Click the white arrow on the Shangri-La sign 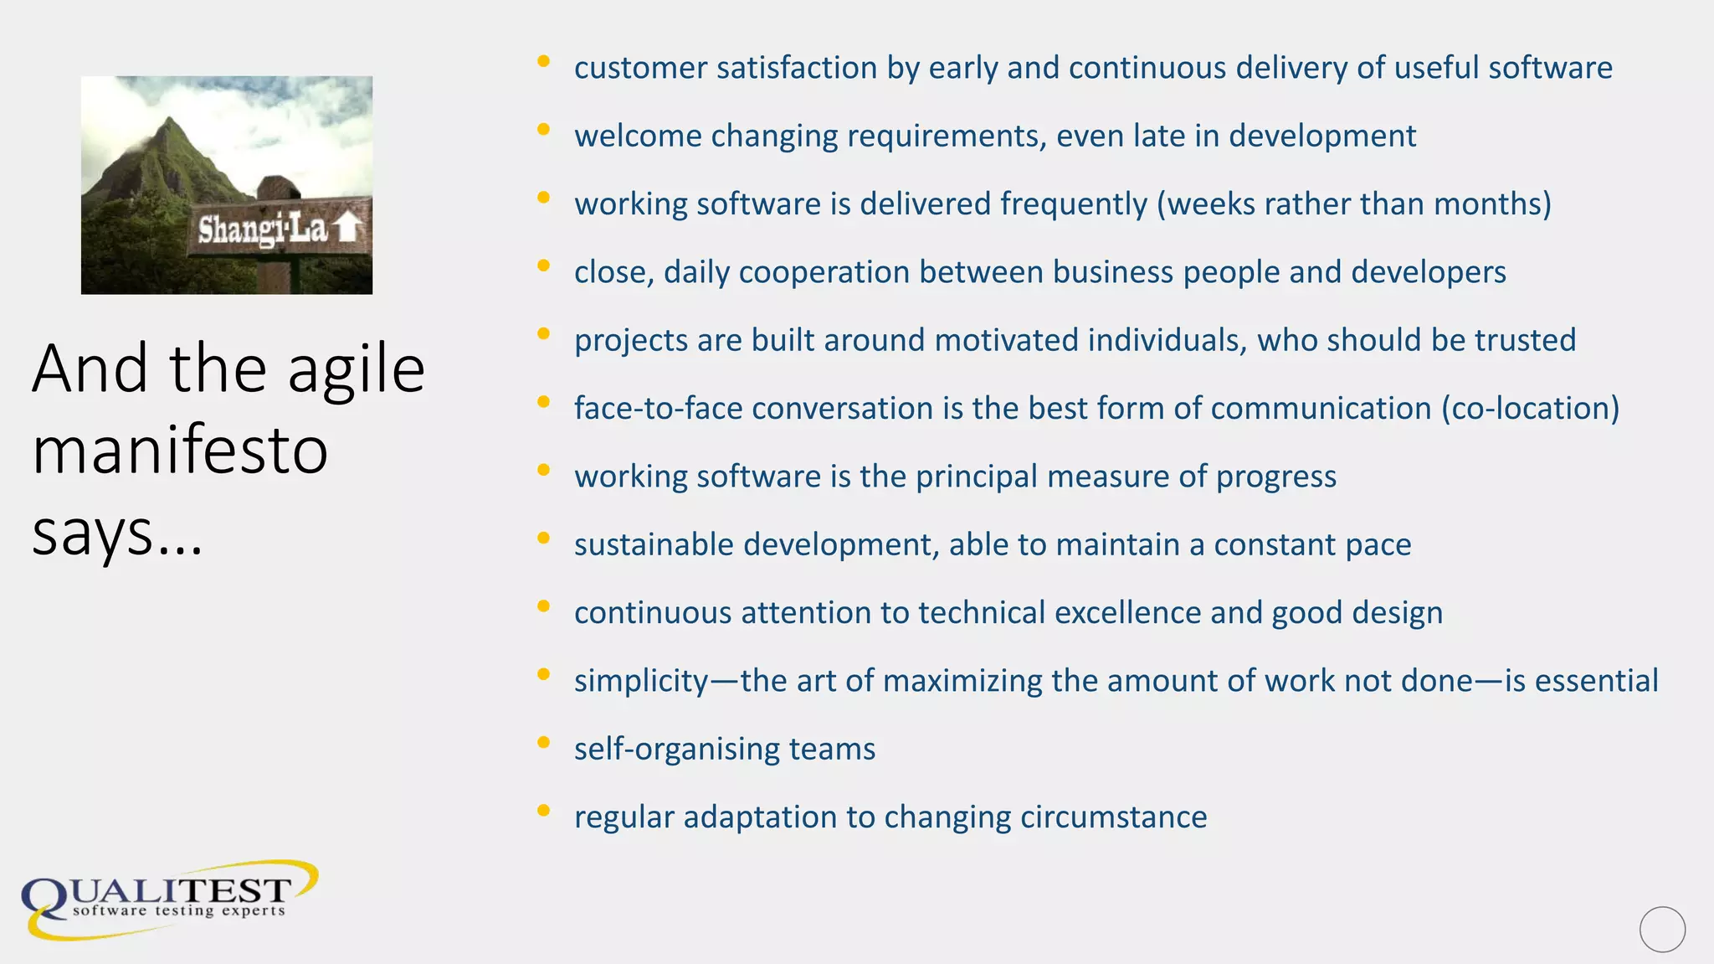348,226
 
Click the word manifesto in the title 180,450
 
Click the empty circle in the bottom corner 1662,929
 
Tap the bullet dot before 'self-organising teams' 543,742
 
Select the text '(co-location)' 1530,409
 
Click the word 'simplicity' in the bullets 641,681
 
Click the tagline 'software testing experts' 179,910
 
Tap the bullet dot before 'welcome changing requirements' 543,129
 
